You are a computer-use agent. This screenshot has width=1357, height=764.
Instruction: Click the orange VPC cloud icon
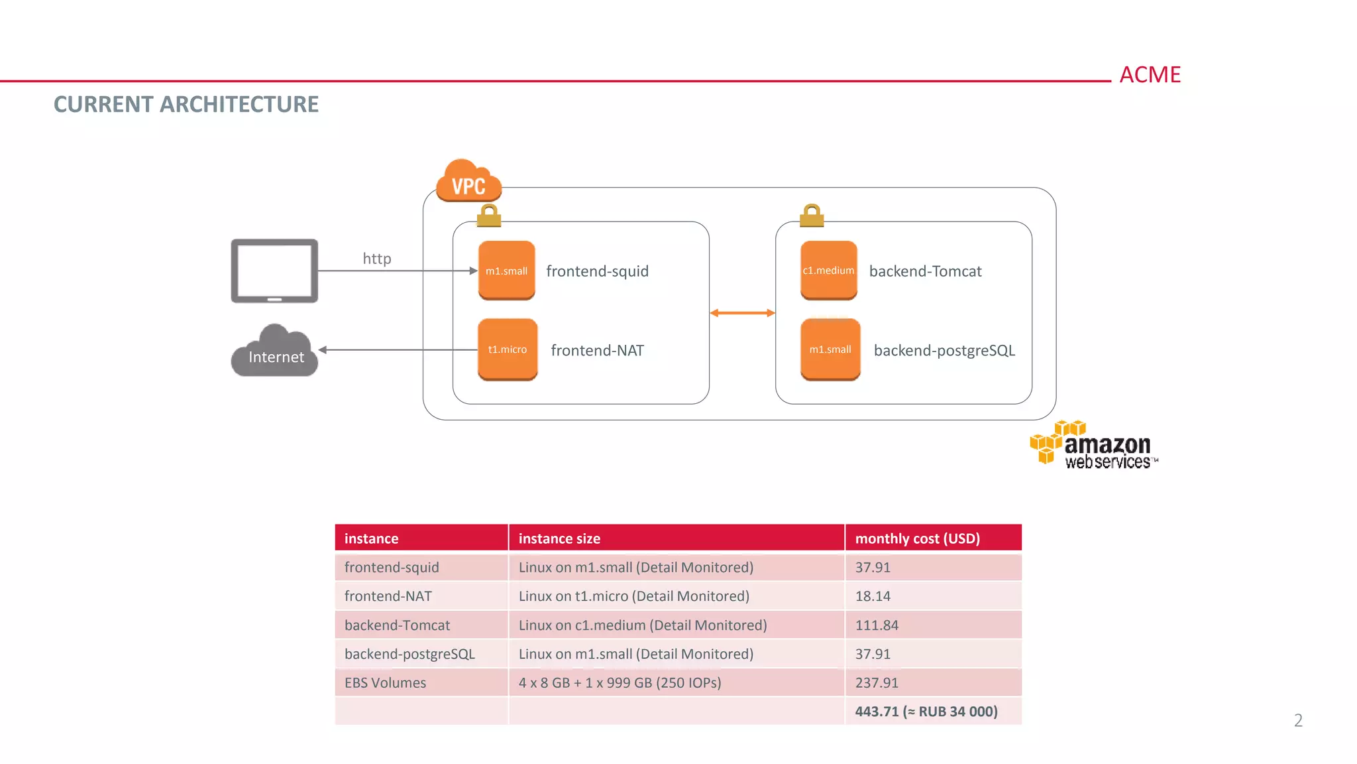pyautogui.click(x=468, y=181)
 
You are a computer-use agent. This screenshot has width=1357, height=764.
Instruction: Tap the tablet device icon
pyautogui.click(x=274, y=271)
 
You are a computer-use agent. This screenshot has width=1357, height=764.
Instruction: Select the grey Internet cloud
pyautogui.click(x=275, y=352)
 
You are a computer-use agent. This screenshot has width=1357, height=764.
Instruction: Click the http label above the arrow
pyautogui.click(x=376, y=259)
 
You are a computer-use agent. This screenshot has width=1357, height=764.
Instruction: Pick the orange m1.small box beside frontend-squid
pyautogui.click(x=506, y=271)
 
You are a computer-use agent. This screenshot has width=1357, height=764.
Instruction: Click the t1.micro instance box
pyautogui.click(x=508, y=350)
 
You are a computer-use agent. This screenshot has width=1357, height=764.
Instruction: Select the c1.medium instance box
pyautogui.click(x=828, y=271)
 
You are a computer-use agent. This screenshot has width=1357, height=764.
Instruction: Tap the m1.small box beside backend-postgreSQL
pyautogui.click(x=830, y=350)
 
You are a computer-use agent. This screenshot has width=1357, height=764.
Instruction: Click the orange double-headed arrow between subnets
pyautogui.click(x=742, y=313)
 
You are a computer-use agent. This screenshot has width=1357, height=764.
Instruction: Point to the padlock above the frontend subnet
pyautogui.click(x=489, y=216)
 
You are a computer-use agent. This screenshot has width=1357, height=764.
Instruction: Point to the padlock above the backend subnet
pyautogui.click(x=812, y=216)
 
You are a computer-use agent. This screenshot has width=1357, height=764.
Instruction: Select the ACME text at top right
pyautogui.click(x=1150, y=75)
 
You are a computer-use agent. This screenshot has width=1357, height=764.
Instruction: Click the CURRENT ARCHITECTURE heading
pyautogui.click(x=186, y=105)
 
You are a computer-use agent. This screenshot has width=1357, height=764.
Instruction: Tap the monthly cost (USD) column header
pyautogui.click(x=917, y=539)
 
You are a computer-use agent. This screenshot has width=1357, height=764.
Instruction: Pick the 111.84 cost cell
pyautogui.click(x=877, y=625)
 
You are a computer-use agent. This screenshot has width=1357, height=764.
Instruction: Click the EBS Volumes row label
pyautogui.click(x=385, y=683)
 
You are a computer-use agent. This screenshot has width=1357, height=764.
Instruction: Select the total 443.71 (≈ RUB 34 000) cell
pyautogui.click(x=926, y=712)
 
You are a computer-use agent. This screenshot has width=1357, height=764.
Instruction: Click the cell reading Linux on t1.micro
pyautogui.click(x=633, y=596)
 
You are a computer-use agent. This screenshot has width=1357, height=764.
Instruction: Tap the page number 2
pyautogui.click(x=1298, y=720)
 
